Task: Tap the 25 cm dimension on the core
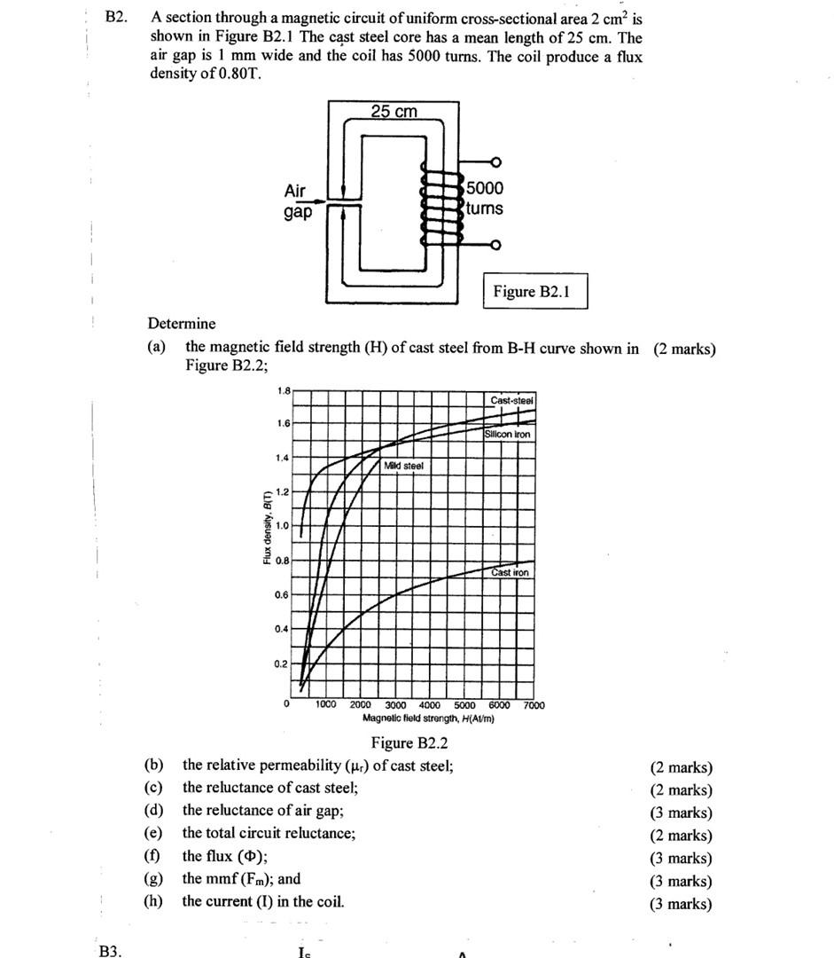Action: [394, 112]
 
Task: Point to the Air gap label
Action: [297, 201]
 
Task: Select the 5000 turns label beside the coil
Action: [484, 198]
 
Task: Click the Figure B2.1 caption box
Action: [534, 292]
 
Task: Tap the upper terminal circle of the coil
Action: [495, 162]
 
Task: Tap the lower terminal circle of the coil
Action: [495, 245]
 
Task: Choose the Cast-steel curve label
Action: [511, 401]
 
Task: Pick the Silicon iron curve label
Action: [508, 435]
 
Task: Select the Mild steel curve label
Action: [404, 466]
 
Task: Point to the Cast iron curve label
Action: [511, 573]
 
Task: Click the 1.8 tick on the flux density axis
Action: [283, 389]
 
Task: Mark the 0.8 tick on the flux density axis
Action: [281, 561]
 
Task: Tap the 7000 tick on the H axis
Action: [534, 705]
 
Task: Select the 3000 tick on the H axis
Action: [395, 705]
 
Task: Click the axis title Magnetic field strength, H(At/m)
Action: [428, 718]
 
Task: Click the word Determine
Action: [182, 324]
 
